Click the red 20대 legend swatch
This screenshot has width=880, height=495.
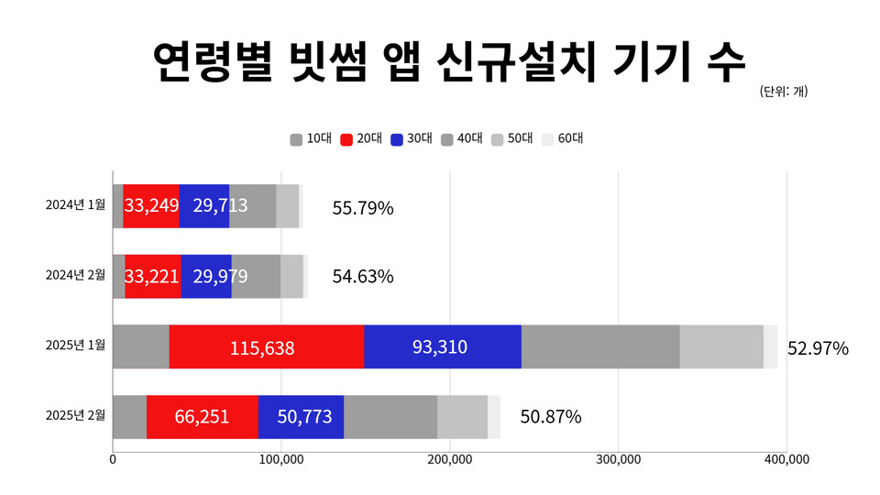click(346, 139)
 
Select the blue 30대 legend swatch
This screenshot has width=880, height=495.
click(396, 139)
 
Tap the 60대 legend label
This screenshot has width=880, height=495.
click(570, 139)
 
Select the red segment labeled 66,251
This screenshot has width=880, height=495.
click(203, 417)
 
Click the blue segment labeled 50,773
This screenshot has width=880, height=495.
click(301, 417)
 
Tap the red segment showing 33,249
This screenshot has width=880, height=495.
click(151, 206)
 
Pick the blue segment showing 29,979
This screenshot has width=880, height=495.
click(206, 277)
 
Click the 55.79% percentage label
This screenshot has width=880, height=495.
click(363, 208)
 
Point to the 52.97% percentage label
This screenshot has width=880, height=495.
click(818, 348)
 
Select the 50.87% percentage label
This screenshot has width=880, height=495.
click(551, 417)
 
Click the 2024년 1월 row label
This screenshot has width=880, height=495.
click(76, 205)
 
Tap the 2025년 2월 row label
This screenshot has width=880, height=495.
click(76, 416)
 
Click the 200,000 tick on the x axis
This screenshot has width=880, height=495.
click(449, 459)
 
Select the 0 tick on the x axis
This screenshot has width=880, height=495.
click(113, 459)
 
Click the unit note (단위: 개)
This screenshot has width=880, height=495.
click(784, 91)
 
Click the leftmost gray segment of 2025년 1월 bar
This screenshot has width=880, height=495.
click(141, 346)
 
